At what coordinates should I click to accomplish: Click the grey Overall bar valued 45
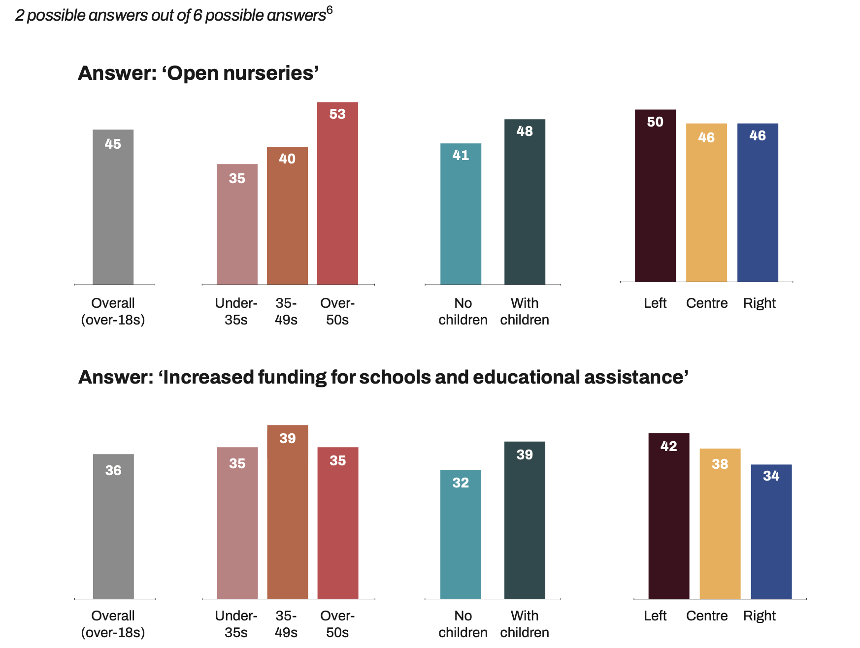[x=113, y=207]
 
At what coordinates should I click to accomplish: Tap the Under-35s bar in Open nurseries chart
[x=237, y=224]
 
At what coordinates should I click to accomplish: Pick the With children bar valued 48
[x=525, y=202]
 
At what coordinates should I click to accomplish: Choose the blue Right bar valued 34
[x=771, y=532]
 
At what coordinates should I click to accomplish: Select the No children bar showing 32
[x=461, y=534]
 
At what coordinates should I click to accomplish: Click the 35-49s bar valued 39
[x=288, y=512]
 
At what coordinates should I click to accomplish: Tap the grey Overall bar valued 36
[x=113, y=526]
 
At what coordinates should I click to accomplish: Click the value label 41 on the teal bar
[x=461, y=155]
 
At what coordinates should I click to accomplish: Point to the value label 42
[x=668, y=446]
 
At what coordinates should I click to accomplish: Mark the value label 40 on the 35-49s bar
[x=287, y=159]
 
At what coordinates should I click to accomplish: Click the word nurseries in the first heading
[x=268, y=73]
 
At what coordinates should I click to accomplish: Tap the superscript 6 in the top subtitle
[x=330, y=10]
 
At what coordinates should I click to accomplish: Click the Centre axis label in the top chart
[x=706, y=303]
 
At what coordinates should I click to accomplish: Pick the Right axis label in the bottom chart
[x=759, y=616]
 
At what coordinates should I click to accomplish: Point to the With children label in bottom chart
[x=525, y=624]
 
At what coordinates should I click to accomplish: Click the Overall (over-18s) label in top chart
[x=113, y=311]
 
